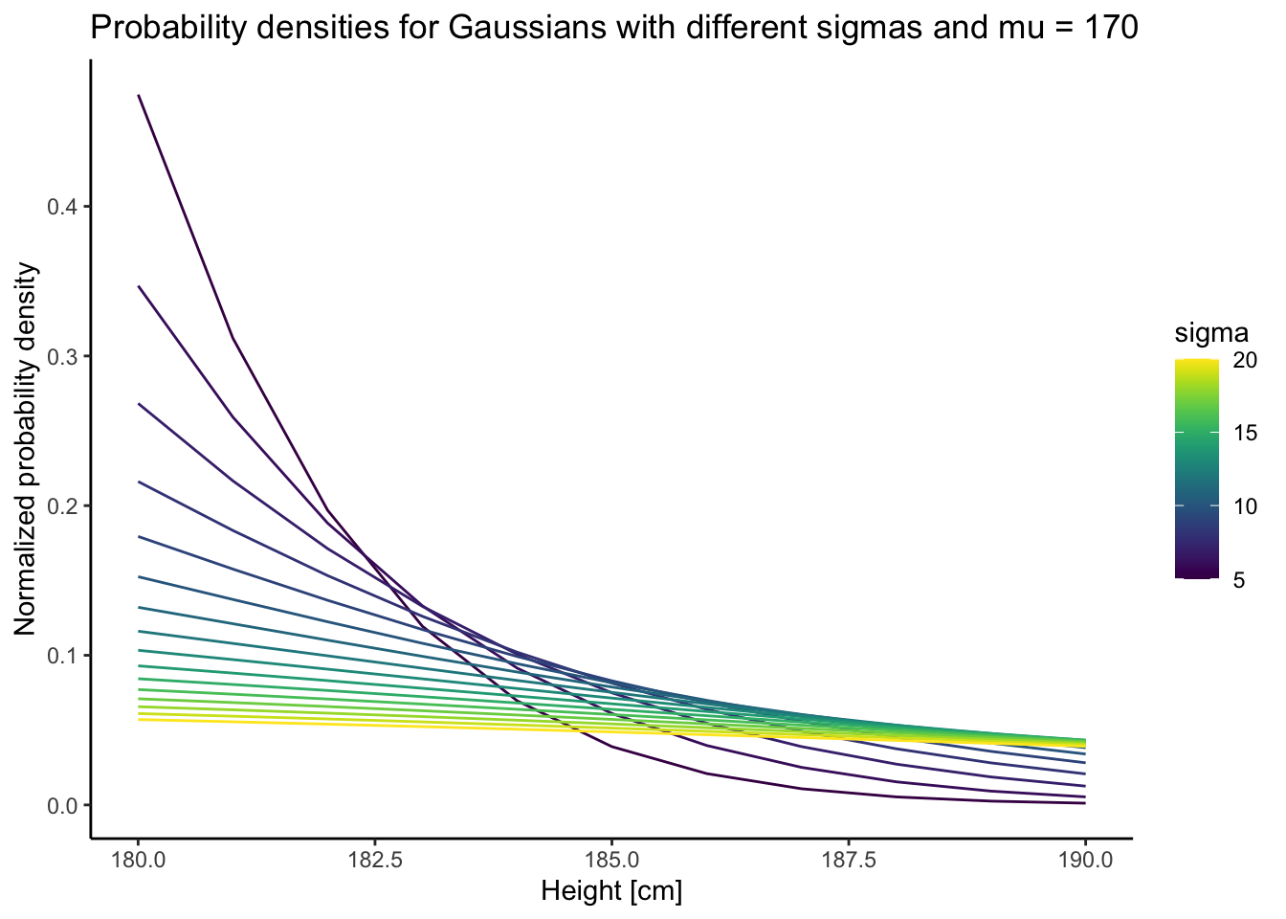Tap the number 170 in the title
[x=1110, y=29]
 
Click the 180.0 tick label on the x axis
[x=139, y=861]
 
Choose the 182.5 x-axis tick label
[x=375, y=861]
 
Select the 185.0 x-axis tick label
[x=611, y=861]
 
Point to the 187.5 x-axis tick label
[x=849, y=861]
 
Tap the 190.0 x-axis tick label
[x=1085, y=861]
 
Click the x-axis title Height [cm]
[x=611, y=892]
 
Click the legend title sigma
[x=1211, y=333]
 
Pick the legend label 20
[x=1245, y=360]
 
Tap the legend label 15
[x=1245, y=433]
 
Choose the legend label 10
[x=1245, y=506]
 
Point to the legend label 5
[x=1239, y=579]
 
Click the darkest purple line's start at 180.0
[x=140, y=97]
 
